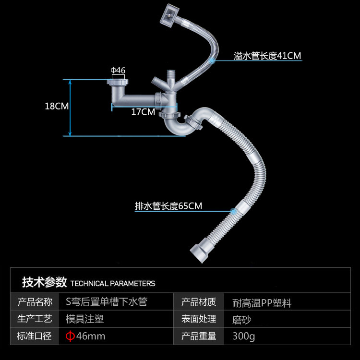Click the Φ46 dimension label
[x=118, y=71]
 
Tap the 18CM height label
[x=57, y=106]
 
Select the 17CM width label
[x=143, y=112]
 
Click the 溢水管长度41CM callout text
[x=267, y=56]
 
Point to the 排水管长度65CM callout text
[x=168, y=206]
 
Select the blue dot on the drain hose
[x=233, y=211]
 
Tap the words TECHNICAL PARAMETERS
[x=113, y=283]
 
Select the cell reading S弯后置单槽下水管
[x=106, y=302]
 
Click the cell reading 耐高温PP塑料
[x=262, y=303]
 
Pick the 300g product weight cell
[x=243, y=336]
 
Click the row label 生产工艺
[x=35, y=319]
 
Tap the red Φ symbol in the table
[x=70, y=336]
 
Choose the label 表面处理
[x=198, y=319]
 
